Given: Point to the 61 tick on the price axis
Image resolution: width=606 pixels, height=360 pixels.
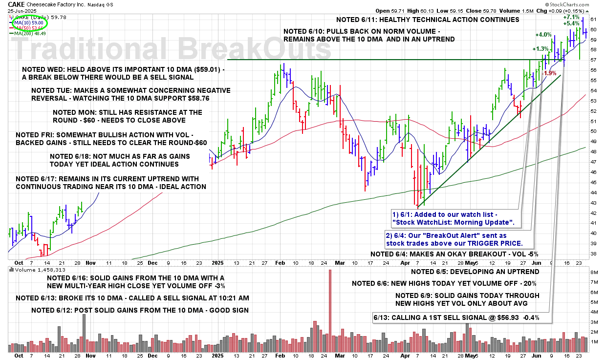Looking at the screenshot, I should pos(593,19).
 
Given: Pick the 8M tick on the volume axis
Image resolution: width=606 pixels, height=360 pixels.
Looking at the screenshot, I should pos(592,272).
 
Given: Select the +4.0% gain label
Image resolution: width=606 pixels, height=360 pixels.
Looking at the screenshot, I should pos(543,35).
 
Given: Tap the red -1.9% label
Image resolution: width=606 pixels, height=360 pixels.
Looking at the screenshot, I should pos(550,73).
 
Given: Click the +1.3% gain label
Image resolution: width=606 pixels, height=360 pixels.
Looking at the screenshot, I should pos(540,49).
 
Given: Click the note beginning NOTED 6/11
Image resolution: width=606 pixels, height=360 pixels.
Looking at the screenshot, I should pos(428,20).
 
